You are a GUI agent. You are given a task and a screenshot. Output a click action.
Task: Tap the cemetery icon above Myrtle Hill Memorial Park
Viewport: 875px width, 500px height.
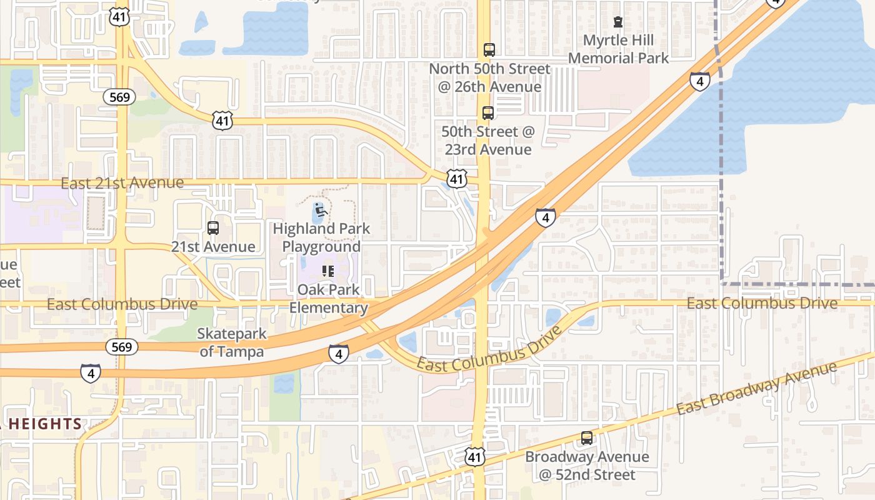point(618,22)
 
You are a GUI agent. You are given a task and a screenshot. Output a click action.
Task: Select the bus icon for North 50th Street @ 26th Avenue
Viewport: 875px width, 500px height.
point(489,49)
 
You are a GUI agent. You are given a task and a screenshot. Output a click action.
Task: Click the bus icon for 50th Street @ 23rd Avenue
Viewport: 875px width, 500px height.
point(488,113)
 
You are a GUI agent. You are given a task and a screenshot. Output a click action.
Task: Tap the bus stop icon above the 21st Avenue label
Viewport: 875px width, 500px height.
point(213,228)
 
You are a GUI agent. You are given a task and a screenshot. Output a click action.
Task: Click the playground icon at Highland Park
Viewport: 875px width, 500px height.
point(321,210)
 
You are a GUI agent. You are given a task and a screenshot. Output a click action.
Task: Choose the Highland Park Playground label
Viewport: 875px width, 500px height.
point(321,237)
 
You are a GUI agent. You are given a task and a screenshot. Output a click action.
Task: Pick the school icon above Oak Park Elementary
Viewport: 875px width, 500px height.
point(327,271)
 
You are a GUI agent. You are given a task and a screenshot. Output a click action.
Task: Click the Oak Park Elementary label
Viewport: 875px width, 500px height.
point(327,299)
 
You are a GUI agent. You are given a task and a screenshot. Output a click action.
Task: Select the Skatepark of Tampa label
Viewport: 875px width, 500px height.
point(232,342)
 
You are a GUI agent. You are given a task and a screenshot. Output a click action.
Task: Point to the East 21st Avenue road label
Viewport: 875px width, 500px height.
point(122,183)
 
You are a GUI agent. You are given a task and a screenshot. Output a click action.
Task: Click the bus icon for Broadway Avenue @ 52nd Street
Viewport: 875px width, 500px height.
point(587,438)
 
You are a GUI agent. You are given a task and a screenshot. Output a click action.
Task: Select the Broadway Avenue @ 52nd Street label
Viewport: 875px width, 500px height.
point(587,466)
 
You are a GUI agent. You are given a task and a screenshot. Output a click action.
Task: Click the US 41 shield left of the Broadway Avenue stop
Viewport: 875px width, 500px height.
point(476,456)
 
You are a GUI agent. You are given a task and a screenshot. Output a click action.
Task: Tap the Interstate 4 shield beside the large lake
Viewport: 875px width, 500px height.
point(700,81)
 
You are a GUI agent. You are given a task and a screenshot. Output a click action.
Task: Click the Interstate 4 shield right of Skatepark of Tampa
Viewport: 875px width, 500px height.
point(338,354)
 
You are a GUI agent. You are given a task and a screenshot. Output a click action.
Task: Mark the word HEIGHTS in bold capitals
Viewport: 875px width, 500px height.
point(44,424)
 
